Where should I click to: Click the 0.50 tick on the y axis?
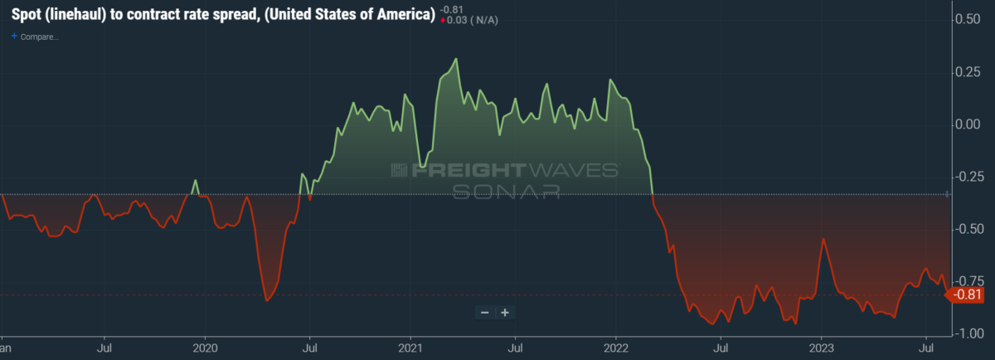click(968, 19)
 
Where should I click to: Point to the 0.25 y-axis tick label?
click(968, 71)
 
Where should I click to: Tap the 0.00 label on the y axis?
click(968, 124)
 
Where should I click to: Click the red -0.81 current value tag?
click(967, 294)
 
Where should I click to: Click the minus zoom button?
click(485, 312)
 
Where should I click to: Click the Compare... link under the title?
click(37, 36)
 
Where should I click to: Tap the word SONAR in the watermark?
click(506, 192)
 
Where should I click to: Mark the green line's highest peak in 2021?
click(457, 59)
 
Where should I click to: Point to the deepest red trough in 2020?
click(266, 300)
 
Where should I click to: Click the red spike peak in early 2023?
click(823, 239)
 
